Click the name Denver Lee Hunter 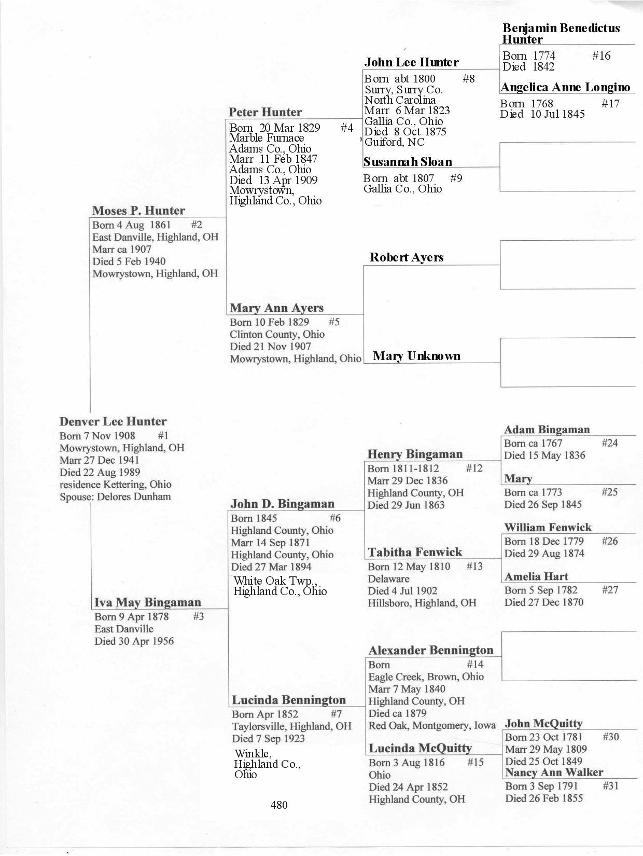tap(113, 421)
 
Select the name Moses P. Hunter tap(138, 211)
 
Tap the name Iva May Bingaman tap(148, 602)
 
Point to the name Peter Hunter tap(265, 113)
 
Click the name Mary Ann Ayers tap(276, 308)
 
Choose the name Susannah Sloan tap(408, 162)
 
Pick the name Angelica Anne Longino tap(565, 87)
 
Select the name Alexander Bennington tap(431, 651)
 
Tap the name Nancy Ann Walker tap(554, 772)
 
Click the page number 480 tap(279, 805)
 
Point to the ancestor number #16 tap(602, 56)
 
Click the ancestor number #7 tap(336, 714)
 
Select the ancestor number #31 tap(611, 786)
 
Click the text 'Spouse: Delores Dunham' tap(115, 496)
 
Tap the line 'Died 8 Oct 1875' tap(406, 132)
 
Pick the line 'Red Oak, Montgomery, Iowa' tap(432, 725)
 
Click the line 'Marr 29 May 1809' tap(546, 749)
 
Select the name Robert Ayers tap(407, 257)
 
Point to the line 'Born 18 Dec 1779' tap(544, 541)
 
